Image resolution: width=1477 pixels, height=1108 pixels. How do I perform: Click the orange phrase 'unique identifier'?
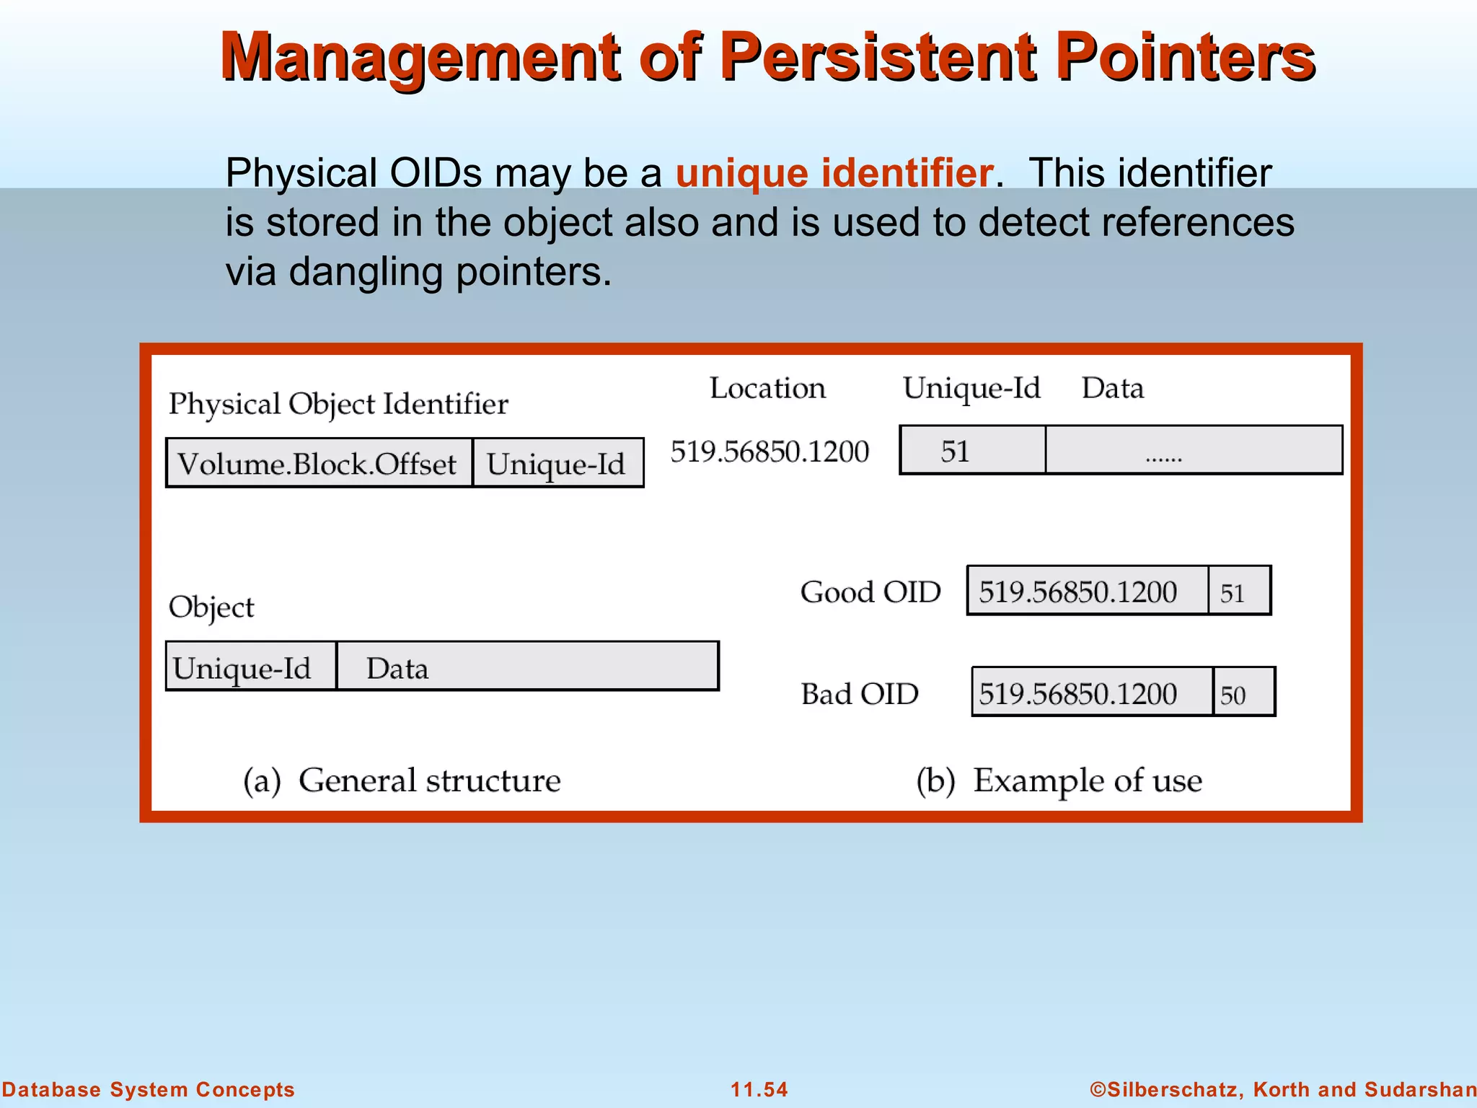pos(834,173)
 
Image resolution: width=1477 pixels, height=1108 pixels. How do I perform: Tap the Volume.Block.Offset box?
pos(319,463)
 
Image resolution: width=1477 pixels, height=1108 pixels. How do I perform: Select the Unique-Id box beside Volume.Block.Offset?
pos(557,463)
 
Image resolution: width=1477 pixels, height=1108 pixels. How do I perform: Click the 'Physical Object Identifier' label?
pos(338,404)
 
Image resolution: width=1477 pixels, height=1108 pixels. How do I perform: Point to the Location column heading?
pos(767,388)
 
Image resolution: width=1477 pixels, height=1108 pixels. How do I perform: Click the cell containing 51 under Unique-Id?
pos(971,451)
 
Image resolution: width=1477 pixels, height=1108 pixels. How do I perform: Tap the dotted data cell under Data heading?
pos(1194,451)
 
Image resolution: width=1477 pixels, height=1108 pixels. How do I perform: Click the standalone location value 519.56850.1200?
pos(770,452)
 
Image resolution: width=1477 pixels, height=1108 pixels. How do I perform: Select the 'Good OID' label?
pos(870,592)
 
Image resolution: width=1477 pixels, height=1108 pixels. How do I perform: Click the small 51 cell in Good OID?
pos(1238,592)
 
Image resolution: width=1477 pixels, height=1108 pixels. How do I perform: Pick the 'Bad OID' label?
pos(860,694)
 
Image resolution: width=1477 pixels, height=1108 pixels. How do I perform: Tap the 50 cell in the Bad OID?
pos(1243,693)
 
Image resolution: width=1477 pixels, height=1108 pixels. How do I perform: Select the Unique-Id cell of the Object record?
pos(250,667)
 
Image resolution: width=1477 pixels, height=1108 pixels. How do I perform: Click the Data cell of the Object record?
pos(526,667)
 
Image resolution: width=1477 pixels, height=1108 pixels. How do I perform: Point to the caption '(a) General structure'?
pos(402,781)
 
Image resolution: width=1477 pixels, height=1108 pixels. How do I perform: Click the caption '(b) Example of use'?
pos(1059,781)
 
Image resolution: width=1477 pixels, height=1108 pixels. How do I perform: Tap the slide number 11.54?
pos(759,1089)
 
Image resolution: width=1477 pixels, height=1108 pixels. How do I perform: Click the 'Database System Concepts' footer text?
pos(149,1089)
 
